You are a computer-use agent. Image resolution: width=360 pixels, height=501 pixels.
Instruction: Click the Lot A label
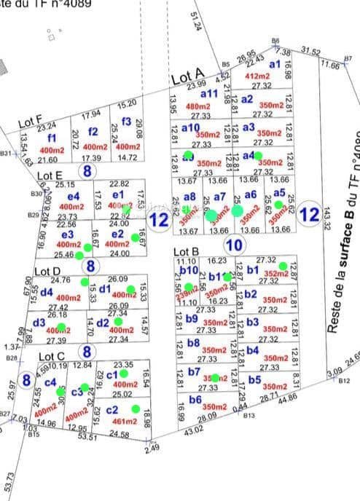[187, 76]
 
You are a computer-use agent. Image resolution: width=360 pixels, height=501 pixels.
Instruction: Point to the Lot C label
[52, 357]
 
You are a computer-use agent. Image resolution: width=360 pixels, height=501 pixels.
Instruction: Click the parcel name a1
[275, 65]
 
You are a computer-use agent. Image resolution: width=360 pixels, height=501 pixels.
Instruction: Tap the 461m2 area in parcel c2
[126, 421]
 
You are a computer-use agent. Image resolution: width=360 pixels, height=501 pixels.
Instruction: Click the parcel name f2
[93, 132]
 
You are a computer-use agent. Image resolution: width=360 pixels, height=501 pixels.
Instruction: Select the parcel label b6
[195, 399]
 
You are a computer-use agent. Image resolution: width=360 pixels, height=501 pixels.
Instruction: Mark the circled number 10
[234, 245]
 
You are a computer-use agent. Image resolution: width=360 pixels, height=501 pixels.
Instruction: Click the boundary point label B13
[249, 415]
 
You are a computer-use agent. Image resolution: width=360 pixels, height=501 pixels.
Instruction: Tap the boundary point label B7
[348, 58]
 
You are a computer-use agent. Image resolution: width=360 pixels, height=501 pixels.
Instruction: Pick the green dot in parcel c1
[123, 374]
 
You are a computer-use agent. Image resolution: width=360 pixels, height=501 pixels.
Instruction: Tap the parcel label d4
[47, 292]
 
